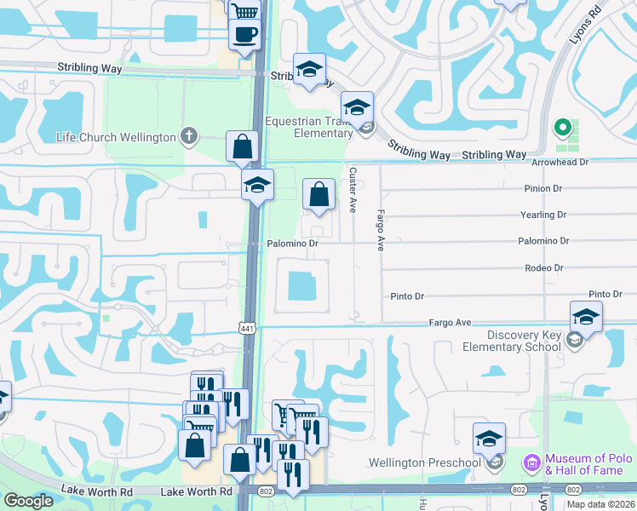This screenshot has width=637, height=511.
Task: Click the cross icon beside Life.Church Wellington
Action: tap(188, 136)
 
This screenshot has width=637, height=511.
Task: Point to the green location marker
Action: tap(561, 128)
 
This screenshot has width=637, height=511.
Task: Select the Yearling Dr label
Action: tap(542, 215)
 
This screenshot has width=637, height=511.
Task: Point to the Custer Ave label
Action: tap(353, 189)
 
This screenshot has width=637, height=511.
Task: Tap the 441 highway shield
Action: tap(247, 328)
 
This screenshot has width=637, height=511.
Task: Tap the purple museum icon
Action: tap(532, 463)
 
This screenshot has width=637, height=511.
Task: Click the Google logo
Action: tap(28, 501)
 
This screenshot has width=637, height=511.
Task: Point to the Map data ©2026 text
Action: tap(600, 504)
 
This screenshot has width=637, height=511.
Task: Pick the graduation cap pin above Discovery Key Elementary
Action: tap(586, 317)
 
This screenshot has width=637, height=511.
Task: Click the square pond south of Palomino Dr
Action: tap(302, 286)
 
